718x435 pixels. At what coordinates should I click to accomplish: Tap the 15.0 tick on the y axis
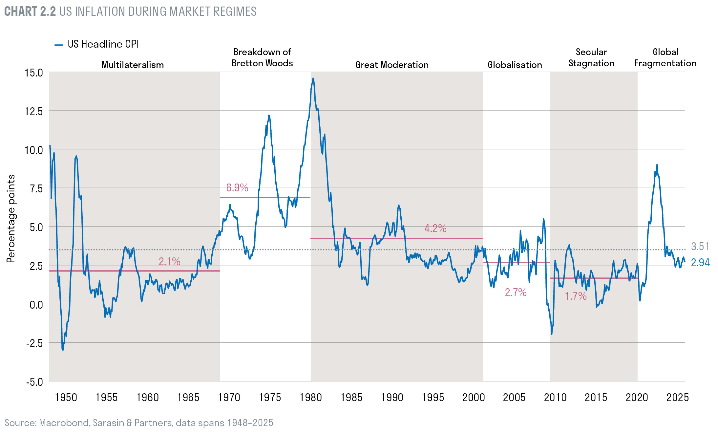point(34,73)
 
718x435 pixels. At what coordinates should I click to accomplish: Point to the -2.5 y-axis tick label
point(35,343)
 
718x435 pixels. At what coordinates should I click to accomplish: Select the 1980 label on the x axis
point(310,397)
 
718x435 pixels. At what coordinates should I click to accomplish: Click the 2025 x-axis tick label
point(677,397)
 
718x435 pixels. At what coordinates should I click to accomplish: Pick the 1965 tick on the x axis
point(188,397)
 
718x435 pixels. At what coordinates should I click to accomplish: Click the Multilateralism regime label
point(133,65)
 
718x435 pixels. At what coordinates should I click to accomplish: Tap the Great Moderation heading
point(392,65)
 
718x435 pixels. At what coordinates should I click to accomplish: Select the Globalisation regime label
point(515,65)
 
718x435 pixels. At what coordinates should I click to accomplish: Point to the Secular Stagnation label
point(591,57)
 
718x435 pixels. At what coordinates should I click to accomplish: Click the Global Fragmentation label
point(665,57)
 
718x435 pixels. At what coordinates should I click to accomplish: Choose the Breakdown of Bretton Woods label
point(262,57)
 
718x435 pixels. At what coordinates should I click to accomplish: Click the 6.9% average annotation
point(237,187)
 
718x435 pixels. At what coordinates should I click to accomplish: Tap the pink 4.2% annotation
point(435,228)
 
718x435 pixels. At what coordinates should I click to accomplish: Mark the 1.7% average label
point(576,296)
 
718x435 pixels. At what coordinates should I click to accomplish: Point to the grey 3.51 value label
point(700,246)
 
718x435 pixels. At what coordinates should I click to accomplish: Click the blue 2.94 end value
point(700,263)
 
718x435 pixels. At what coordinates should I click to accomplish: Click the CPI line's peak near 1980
point(313,78)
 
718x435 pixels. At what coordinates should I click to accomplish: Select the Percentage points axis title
point(11,218)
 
